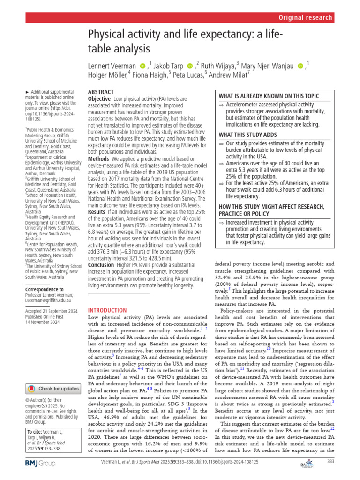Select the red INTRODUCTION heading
tap(107, 310)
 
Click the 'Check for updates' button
tap(53, 389)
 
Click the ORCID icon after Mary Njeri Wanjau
tap(300, 65)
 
